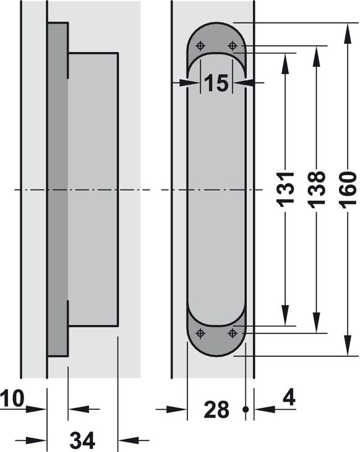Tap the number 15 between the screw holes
pyautogui.click(x=216, y=84)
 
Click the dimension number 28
pyautogui.click(x=216, y=409)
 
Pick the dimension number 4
pyautogui.click(x=289, y=399)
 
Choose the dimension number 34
pyautogui.click(x=82, y=440)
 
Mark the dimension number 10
pyautogui.click(x=12, y=399)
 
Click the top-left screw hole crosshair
pyautogui.click(x=200, y=46)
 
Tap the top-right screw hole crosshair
pyautogui.click(x=232, y=46)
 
